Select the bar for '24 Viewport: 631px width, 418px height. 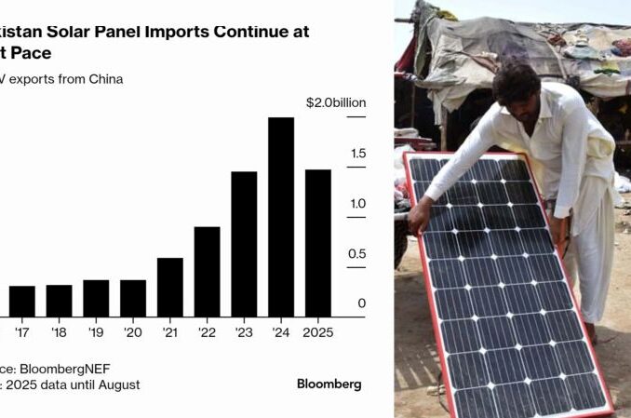pos(281,216)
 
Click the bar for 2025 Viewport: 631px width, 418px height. pos(318,242)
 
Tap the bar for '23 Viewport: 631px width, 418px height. pos(244,243)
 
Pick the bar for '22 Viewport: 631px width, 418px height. pos(207,271)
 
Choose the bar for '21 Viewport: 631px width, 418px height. pos(170,286)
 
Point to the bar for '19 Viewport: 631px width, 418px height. pos(96,297)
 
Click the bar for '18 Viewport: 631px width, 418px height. pos(59,300)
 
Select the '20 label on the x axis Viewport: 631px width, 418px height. pos(132,331)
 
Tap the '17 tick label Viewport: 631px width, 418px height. pos(21,331)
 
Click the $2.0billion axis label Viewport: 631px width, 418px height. pos(336,102)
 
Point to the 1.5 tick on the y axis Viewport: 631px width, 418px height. pos(358,154)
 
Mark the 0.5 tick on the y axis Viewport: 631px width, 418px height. pos(357,254)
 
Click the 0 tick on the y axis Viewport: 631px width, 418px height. pos(362,303)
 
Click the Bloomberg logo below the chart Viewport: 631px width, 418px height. pos(329,384)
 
